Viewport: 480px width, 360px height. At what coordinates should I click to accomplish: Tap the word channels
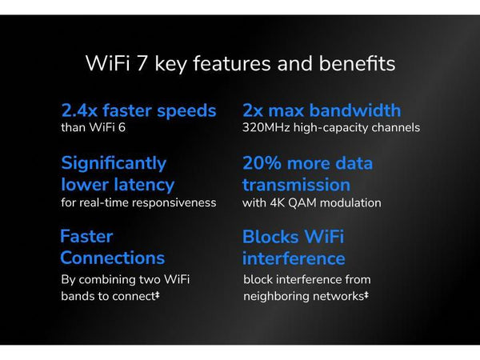pos(393,127)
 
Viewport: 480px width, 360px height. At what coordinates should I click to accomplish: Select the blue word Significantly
pos(114,163)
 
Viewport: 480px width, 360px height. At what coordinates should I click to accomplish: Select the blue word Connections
pos(112,258)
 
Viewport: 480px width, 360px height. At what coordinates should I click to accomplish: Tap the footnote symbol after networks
pos(366,295)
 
